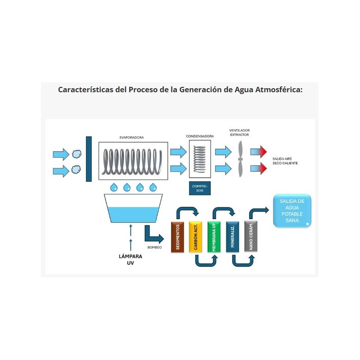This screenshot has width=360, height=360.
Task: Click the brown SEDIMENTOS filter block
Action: pyautogui.click(x=178, y=237)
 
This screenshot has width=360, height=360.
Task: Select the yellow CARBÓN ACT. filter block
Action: pyautogui.click(x=196, y=237)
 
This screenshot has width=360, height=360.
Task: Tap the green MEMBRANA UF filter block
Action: pyautogui.click(x=214, y=237)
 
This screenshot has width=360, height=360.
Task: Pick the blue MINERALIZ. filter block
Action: pyautogui.click(x=232, y=237)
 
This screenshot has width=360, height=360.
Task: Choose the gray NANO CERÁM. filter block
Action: pyautogui.click(x=250, y=237)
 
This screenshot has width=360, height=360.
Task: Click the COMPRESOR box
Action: pyautogui.click(x=199, y=188)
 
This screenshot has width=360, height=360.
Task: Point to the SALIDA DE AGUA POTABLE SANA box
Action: pyautogui.click(x=292, y=211)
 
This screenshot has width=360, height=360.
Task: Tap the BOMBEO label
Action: pyautogui.click(x=154, y=247)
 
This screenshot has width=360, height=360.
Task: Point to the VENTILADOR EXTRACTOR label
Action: pyautogui.click(x=239, y=133)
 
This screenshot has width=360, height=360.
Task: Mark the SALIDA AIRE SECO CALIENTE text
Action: pyautogui.click(x=285, y=161)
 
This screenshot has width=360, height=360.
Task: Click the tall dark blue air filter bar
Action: pyautogui.click(x=89, y=159)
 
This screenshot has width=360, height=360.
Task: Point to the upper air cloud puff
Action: pyautogui.click(x=76, y=154)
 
